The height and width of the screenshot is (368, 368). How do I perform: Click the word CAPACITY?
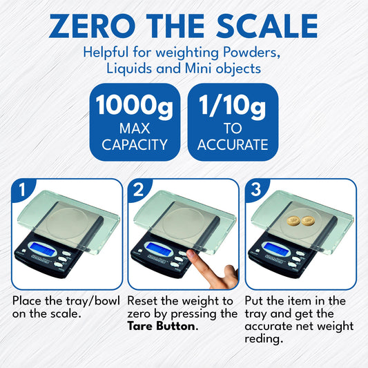click(x=135, y=145)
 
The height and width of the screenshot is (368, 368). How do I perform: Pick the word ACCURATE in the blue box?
click(x=233, y=145)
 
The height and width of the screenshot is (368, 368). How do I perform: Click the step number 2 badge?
click(x=139, y=189)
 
